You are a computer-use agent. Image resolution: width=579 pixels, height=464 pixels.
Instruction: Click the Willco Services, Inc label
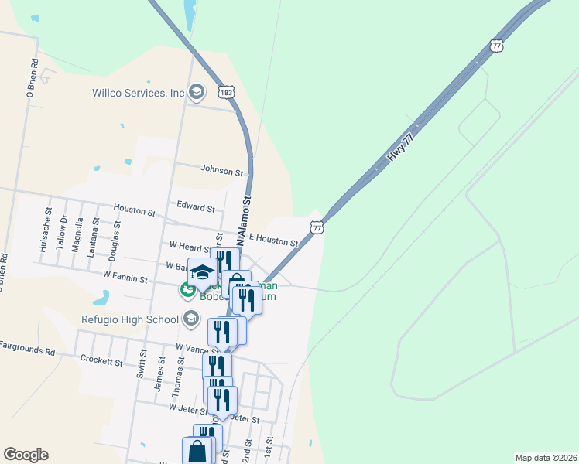(138, 93)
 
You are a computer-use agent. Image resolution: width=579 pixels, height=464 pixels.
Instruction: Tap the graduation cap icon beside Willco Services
(197, 93)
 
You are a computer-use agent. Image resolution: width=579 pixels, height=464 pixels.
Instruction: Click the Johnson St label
(221, 169)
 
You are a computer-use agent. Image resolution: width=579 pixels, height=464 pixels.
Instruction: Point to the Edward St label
(195, 207)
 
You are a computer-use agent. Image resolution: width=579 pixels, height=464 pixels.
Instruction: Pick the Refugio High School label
(129, 319)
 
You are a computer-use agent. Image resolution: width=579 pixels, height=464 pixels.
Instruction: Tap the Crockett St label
(101, 361)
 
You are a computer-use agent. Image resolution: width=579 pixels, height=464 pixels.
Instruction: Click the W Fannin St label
(125, 275)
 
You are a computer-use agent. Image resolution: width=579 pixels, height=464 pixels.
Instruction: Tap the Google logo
(26, 455)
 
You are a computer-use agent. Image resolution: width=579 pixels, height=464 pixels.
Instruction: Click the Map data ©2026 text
(546, 458)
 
